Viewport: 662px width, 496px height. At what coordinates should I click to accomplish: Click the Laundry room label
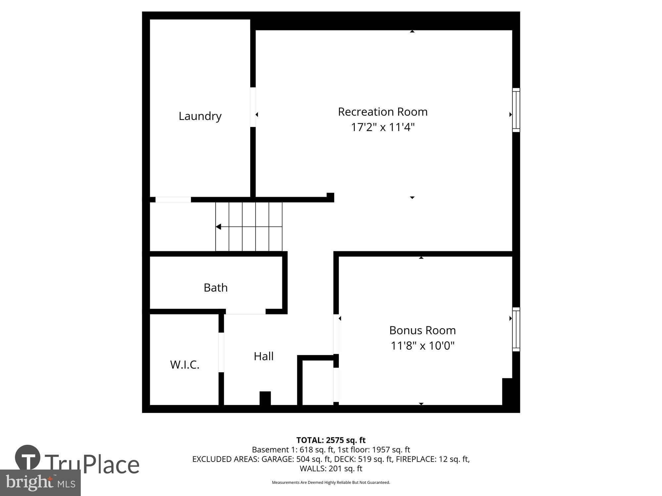200,116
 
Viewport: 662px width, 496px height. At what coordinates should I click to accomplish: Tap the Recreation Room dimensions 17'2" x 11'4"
383,127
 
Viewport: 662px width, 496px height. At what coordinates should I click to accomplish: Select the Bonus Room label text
422,330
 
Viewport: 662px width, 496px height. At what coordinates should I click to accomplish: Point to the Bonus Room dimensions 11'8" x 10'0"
422,346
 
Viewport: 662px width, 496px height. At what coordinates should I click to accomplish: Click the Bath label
215,288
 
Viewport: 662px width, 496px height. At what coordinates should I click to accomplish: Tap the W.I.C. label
185,365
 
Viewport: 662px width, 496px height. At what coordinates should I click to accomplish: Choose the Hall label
263,356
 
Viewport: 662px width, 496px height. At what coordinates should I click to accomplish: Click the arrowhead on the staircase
218,227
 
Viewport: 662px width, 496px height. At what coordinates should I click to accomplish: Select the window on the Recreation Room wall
516,110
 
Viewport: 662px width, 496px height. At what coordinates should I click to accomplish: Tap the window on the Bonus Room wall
516,329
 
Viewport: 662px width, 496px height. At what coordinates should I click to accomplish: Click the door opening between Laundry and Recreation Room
253,107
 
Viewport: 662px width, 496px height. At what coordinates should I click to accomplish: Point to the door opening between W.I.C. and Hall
221,352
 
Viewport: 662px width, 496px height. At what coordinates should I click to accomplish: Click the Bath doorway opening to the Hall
246,311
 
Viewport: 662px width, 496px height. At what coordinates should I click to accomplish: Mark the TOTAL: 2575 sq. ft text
331,440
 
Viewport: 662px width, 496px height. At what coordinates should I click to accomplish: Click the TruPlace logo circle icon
28,458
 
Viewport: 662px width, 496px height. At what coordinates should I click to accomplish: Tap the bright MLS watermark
40,483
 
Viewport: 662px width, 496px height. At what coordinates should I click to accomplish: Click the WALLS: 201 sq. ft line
331,469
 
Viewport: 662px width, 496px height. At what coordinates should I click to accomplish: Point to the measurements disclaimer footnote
331,482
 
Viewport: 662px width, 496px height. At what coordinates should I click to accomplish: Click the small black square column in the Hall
265,398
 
